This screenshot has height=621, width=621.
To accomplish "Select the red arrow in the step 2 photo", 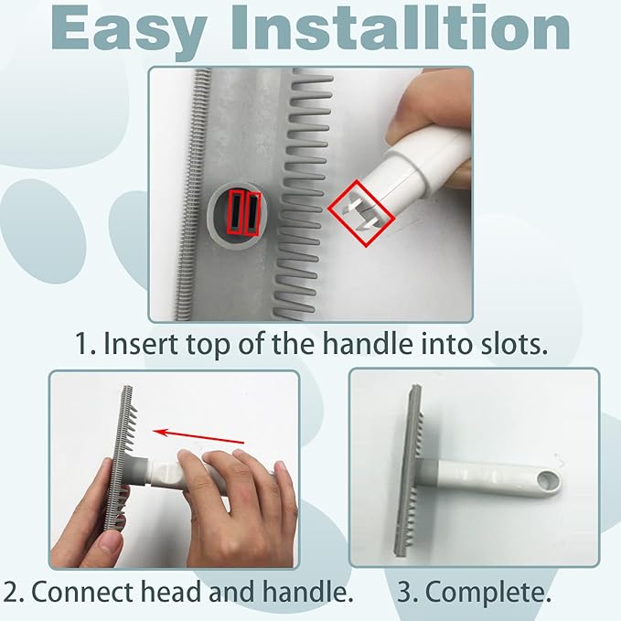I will (198, 435).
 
